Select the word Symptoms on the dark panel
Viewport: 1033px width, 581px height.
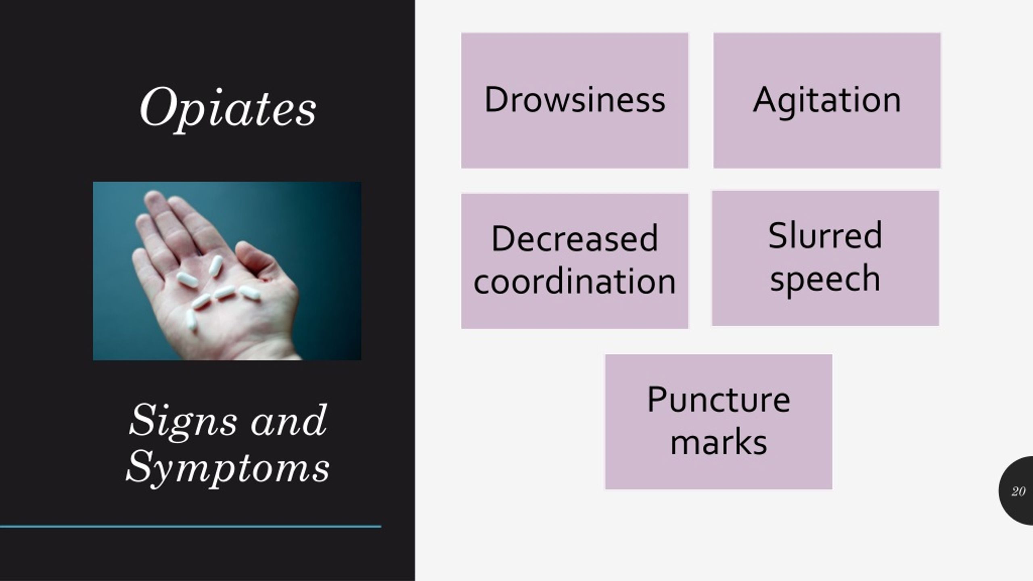click(228, 468)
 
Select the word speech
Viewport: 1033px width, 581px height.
click(825, 279)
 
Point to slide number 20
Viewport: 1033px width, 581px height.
click(1018, 491)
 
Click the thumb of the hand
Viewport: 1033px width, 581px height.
click(258, 262)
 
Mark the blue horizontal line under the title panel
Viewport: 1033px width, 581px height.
click(190, 526)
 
